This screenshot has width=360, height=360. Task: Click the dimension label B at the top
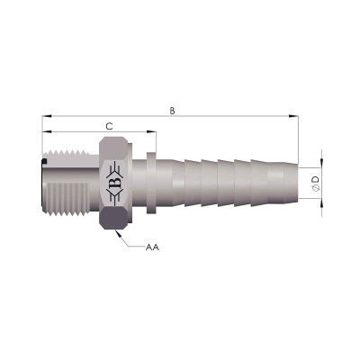(172, 111)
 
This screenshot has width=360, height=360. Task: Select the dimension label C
(110, 127)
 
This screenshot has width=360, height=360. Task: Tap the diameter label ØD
(316, 184)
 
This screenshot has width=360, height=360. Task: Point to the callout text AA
(152, 247)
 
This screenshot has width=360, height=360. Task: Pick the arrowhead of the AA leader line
(118, 233)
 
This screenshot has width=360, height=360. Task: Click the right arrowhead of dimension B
(293, 116)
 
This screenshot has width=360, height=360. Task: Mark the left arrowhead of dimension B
(47, 116)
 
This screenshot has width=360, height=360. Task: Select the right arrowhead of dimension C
(151, 131)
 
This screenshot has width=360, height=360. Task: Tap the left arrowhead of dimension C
(47, 131)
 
